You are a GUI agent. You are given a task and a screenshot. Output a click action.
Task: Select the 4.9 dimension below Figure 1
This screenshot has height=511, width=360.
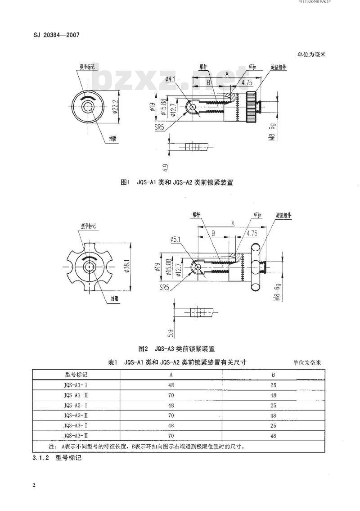[166, 168]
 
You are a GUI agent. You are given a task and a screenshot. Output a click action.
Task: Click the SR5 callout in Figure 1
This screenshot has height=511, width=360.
[159, 128]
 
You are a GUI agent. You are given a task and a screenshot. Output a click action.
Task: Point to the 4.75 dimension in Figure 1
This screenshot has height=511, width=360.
[246, 83]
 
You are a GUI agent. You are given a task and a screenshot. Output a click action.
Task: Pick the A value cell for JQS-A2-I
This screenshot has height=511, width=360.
[171, 405]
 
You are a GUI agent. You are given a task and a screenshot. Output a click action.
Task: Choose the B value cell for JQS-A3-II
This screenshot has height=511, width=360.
[273, 436]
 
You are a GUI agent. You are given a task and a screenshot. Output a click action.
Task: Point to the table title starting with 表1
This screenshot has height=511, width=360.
[177, 362]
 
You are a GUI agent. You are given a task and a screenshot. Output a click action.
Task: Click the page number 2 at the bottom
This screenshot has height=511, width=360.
[34, 485]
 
